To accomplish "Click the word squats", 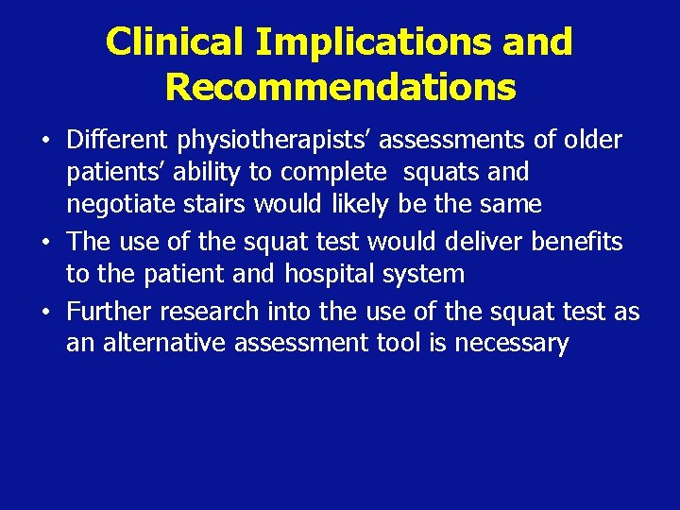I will [x=453, y=173].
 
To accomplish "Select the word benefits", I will [x=577, y=242].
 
